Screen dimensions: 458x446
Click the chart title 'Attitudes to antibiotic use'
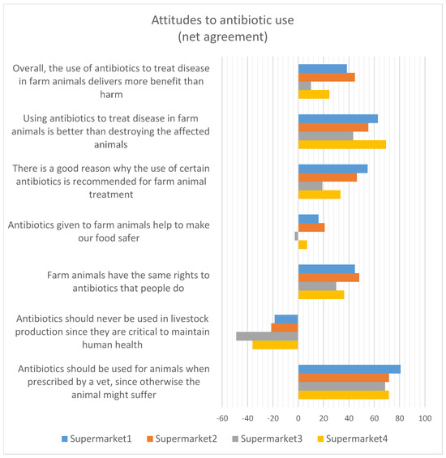[223, 23]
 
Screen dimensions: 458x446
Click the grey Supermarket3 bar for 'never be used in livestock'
[267, 336]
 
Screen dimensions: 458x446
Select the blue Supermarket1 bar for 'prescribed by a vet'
[350, 369]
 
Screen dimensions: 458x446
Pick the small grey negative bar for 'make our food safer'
[296, 236]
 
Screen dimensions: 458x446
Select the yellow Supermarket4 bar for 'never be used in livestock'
[276, 345]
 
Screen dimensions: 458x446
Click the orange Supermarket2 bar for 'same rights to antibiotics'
[328, 277]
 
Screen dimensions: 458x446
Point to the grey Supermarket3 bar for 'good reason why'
[311, 186]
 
